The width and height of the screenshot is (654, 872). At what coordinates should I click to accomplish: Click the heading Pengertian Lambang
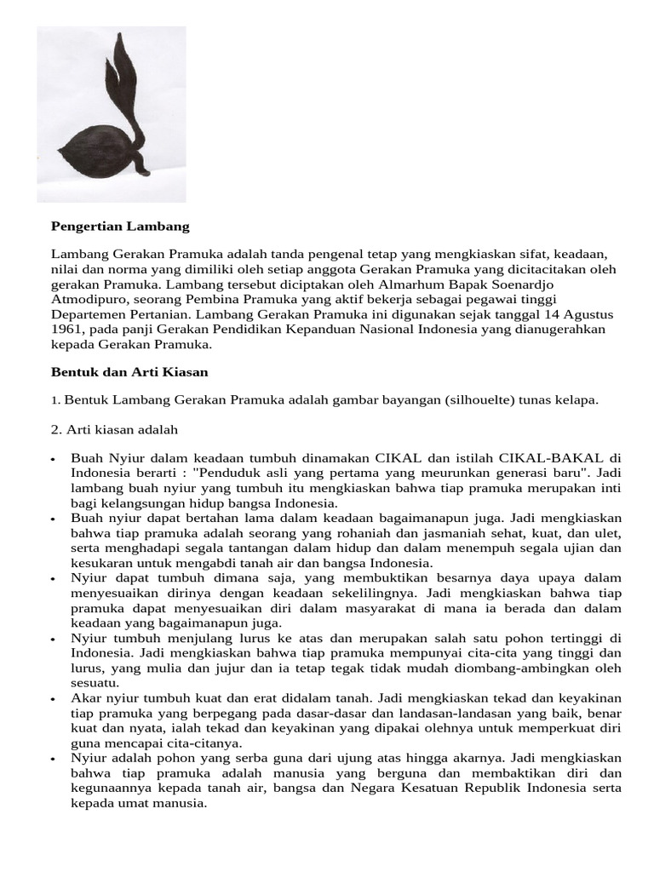tap(120, 227)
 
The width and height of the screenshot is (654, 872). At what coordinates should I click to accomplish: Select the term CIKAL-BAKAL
tap(556, 457)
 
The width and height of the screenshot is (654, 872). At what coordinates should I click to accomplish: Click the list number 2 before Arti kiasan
tap(56, 429)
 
